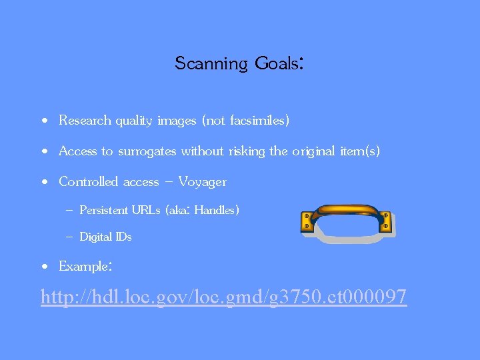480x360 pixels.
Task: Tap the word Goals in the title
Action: pyautogui.click(x=277, y=64)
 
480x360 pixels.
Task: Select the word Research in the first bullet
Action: pyautogui.click(x=84, y=121)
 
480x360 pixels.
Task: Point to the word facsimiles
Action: pyautogui.click(x=257, y=121)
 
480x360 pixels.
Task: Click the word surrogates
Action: pyautogui.click(x=147, y=152)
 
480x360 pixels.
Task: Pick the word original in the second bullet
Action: pyautogui.click(x=312, y=151)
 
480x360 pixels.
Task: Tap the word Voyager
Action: pyautogui.click(x=202, y=182)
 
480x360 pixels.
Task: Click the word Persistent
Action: pyautogui.click(x=103, y=211)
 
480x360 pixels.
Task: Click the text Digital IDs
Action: pyautogui.click(x=105, y=237)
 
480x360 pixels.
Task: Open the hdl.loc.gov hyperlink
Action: pyautogui.click(x=223, y=296)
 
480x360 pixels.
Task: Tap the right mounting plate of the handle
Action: pyautogui.click(x=385, y=221)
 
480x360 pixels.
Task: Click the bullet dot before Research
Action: pyautogui.click(x=43, y=121)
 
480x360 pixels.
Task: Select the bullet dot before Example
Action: pyautogui.click(x=43, y=267)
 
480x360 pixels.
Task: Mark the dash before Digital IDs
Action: pyautogui.click(x=69, y=237)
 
